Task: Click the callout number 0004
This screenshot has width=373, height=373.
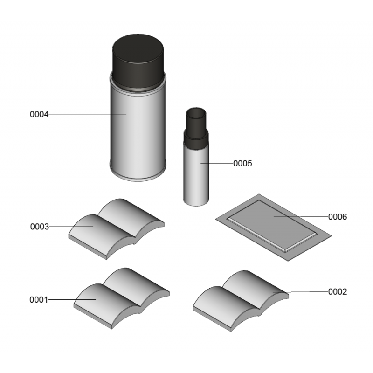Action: pyautogui.click(x=39, y=114)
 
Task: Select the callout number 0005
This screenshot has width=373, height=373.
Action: pyautogui.click(x=242, y=164)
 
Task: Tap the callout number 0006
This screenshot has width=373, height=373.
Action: pyautogui.click(x=337, y=217)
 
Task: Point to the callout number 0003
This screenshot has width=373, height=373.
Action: pyautogui.click(x=40, y=227)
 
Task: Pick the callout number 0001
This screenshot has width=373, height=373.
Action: pyautogui.click(x=39, y=300)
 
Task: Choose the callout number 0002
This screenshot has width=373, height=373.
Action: pyautogui.click(x=337, y=292)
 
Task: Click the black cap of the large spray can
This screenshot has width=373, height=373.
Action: pyautogui.click(x=138, y=62)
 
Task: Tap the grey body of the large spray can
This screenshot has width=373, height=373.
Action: pyautogui.click(x=138, y=133)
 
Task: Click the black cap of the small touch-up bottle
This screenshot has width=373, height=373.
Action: pyautogui.click(x=196, y=129)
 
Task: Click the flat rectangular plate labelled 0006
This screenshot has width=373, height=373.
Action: pyautogui.click(x=273, y=228)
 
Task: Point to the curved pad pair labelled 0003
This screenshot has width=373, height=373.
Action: pyautogui.click(x=116, y=229)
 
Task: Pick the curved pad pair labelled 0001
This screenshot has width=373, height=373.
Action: pyautogui.click(x=122, y=298)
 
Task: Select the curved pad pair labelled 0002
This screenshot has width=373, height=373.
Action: pyautogui.click(x=241, y=301)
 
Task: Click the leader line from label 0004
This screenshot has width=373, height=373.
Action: pyautogui.click(x=88, y=114)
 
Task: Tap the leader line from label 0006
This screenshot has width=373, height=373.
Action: pyautogui.click(x=301, y=216)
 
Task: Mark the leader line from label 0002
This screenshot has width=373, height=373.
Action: pyautogui.click(x=300, y=292)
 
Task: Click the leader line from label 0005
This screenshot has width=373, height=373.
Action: pyautogui.click(x=217, y=164)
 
